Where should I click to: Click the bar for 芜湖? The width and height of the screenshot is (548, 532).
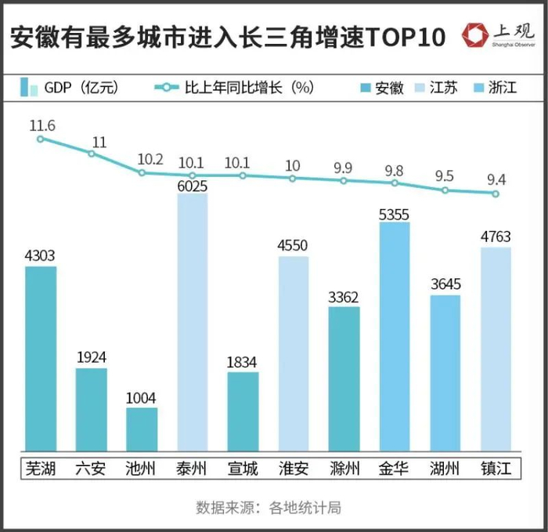(x=41, y=360)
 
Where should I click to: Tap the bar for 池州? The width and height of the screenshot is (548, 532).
(x=142, y=431)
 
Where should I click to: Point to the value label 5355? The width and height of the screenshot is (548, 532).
(x=394, y=213)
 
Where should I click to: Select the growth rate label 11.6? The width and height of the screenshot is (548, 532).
(x=41, y=125)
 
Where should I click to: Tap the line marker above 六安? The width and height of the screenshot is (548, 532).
(x=92, y=154)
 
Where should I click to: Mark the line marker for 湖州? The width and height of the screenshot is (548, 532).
(x=445, y=190)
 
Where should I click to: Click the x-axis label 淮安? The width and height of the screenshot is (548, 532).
(x=294, y=469)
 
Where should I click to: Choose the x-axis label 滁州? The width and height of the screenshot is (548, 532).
(x=344, y=469)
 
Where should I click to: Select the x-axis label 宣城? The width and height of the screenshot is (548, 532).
(x=243, y=469)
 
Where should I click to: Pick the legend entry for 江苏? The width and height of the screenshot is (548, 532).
(x=435, y=88)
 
